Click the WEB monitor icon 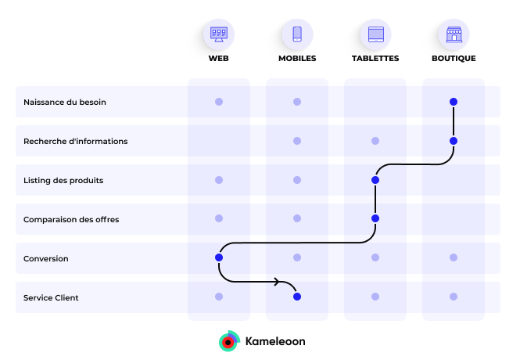tap(219, 34)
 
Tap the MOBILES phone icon tap(297, 34)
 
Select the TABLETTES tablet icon tap(375, 34)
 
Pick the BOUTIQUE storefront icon tap(454, 34)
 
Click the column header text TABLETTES tap(375, 59)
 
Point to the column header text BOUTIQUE tap(454, 59)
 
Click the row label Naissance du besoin tap(65, 103)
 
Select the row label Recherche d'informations tap(75, 142)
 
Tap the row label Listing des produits tap(63, 181)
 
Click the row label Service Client tap(51, 298)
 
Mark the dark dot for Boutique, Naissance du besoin tap(454, 102)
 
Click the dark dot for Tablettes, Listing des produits tap(375, 180)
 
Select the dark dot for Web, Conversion tap(219, 257)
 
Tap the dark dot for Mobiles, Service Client tap(297, 297)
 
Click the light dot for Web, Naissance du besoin tap(219, 102)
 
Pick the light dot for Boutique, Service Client tap(454, 297)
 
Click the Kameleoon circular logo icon tap(228, 341)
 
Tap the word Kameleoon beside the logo tap(275, 342)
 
